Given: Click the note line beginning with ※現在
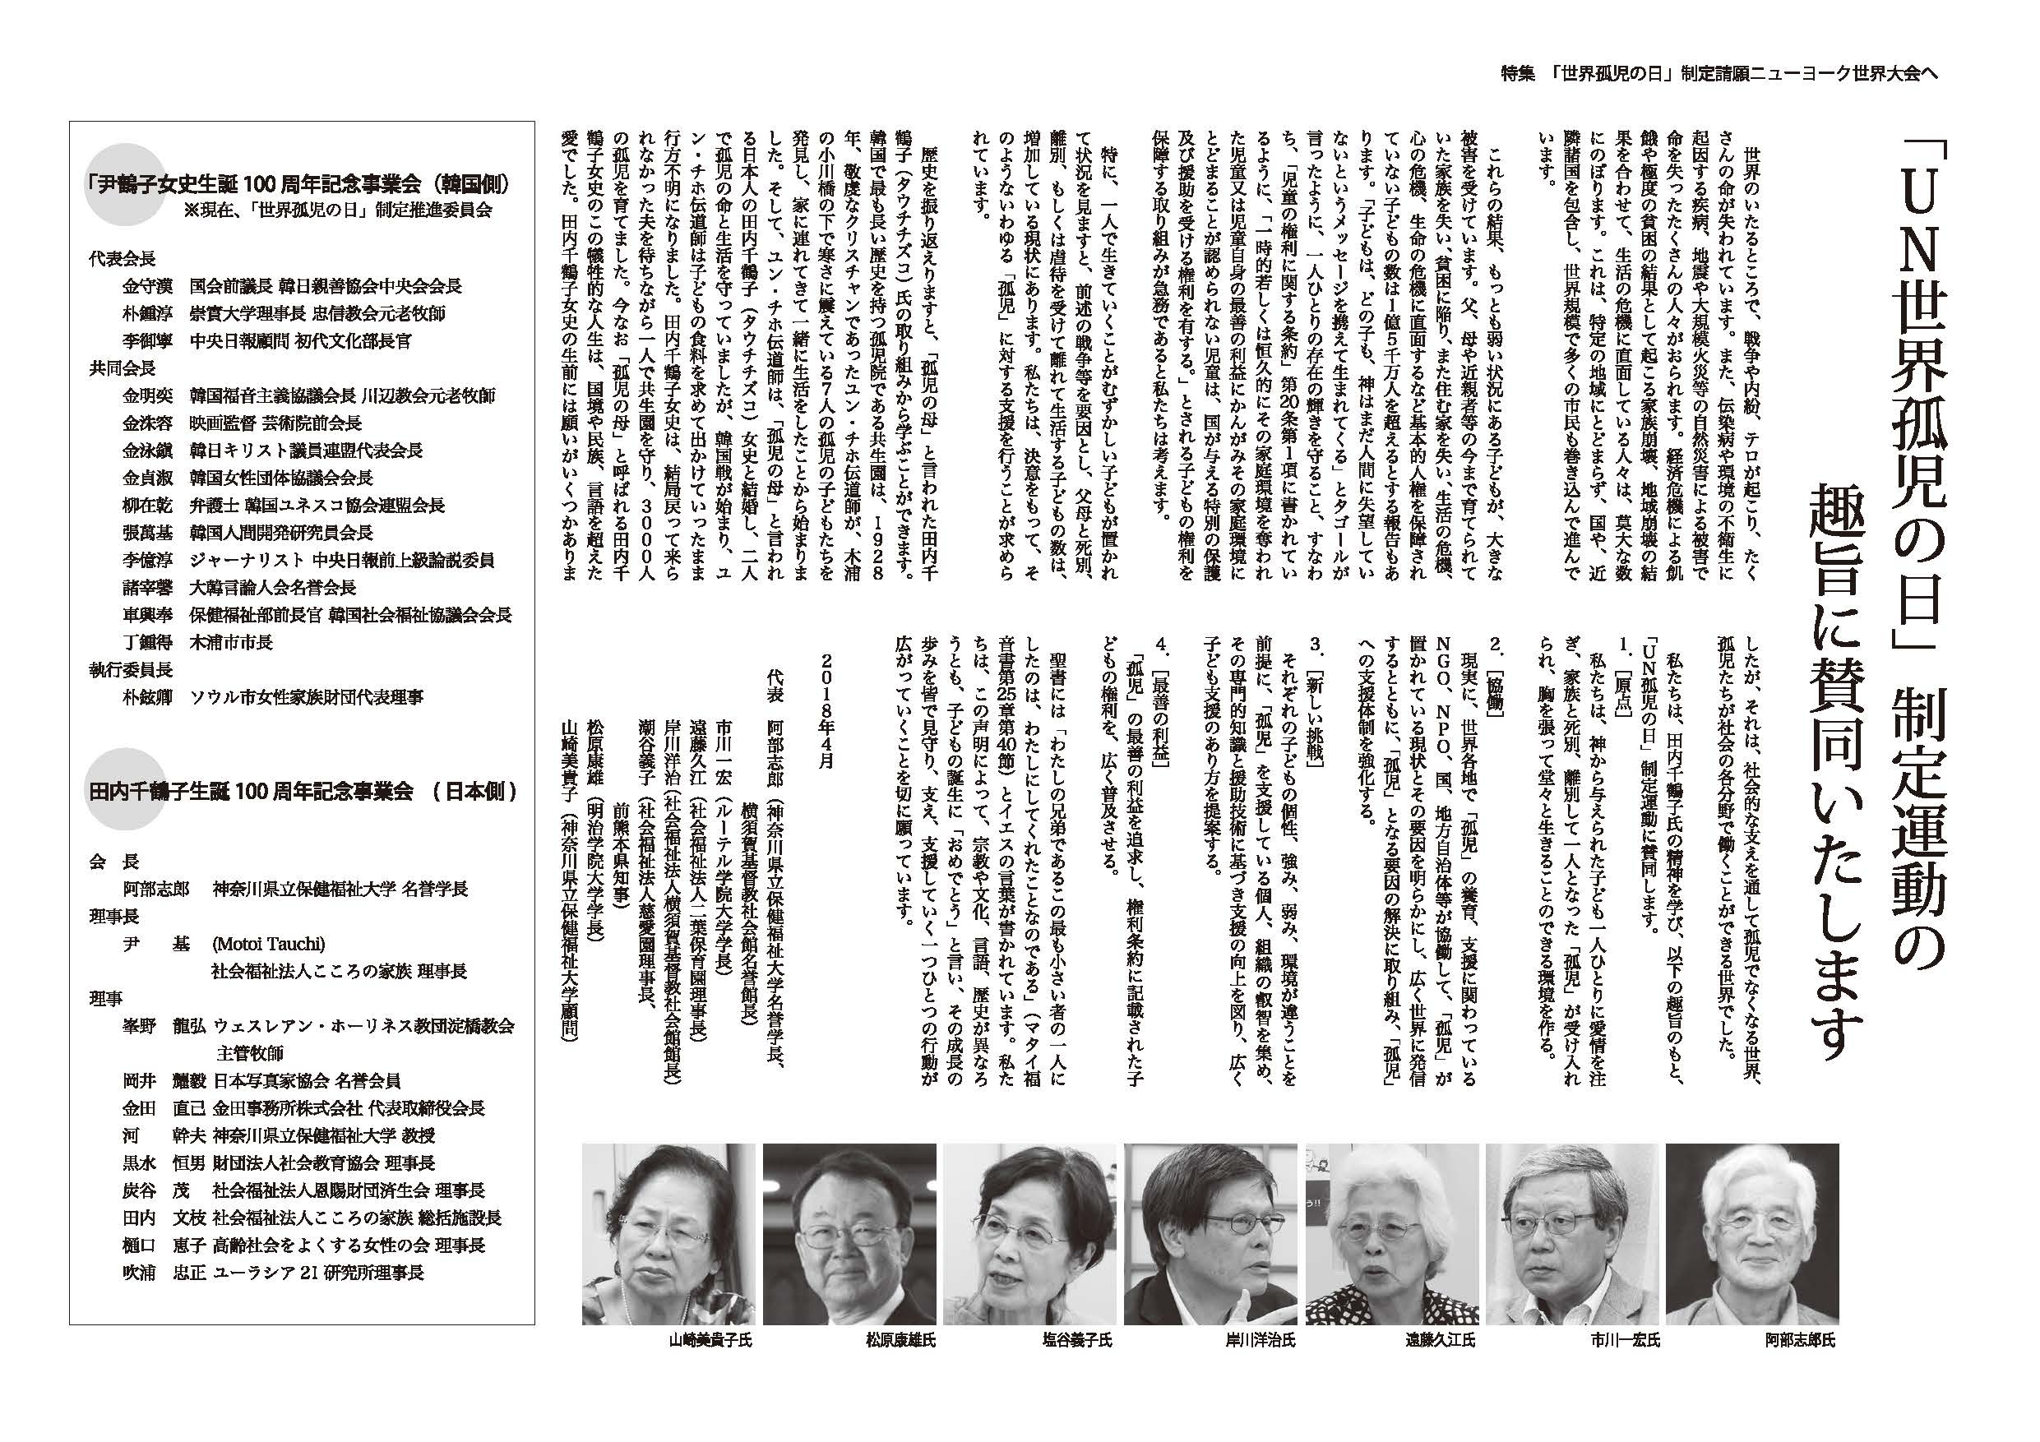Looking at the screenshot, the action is point(338,210).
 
